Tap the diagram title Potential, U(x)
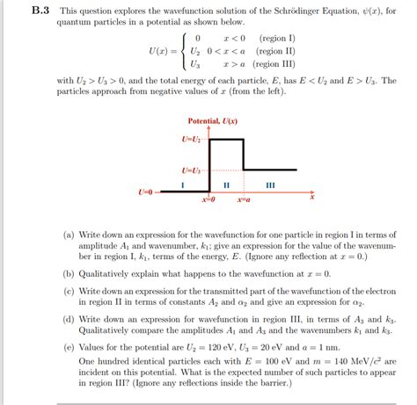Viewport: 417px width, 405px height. pyautogui.click(x=213, y=120)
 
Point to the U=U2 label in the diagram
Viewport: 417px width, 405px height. pyautogui.click(x=192, y=140)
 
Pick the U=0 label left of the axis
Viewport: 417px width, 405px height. pyautogui.click(x=147, y=191)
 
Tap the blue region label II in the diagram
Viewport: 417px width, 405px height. pyautogui.click(x=226, y=184)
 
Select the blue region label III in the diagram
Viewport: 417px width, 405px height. pyautogui.click(x=270, y=184)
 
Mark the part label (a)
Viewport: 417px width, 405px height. pyautogui.click(x=69, y=236)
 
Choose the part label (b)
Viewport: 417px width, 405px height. pyautogui.click(x=69, y=273)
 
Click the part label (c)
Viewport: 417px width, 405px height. pyautogui.click(x=69, y=288)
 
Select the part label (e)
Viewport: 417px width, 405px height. pyautogui.click(x=69, y=348)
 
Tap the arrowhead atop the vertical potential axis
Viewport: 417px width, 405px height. pyautogui.click(x=209, y=128)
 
